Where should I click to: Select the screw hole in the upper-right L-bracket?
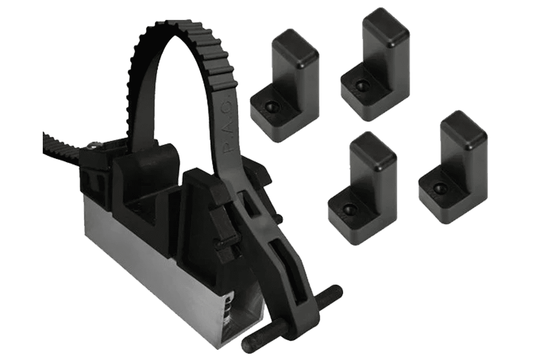point(360,85)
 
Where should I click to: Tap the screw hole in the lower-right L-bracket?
point(437,188)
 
